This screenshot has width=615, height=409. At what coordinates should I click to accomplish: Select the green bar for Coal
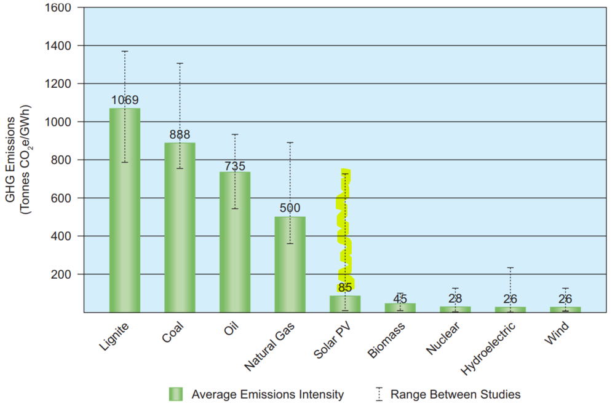click(x=180, y=227)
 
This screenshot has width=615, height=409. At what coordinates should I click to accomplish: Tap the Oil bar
click(x=235, y=242)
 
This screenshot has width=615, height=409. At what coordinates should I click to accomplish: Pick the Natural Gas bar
click(x=290, y=264)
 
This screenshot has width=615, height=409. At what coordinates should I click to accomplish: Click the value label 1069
click(x=125, y=100)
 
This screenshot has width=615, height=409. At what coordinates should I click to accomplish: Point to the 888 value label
click(x=180, y=134)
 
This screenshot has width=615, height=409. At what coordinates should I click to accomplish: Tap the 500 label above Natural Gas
click(x=290, y=208)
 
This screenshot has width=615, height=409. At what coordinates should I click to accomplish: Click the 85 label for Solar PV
click(x=345, y=287)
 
